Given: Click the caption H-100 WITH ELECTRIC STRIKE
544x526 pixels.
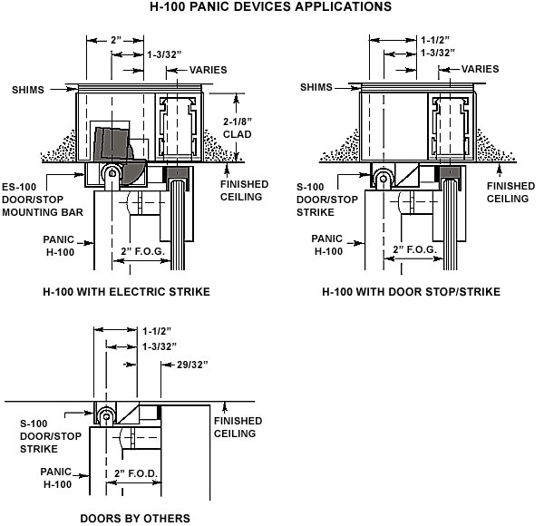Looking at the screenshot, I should tap(126, 292).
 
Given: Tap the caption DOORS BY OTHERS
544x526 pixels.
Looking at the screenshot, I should tap(134, 519).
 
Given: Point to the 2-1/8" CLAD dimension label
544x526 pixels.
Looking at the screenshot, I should tap(238, 127).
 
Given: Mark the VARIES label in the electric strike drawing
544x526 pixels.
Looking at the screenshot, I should tap(207, 69).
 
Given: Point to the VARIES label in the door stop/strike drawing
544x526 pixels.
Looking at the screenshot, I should tap(481, 69).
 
